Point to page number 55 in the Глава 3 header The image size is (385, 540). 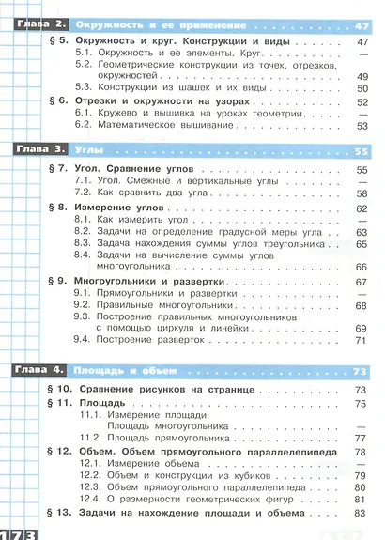(x=363, y=150)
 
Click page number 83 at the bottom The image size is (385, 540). (x=363, y=515)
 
